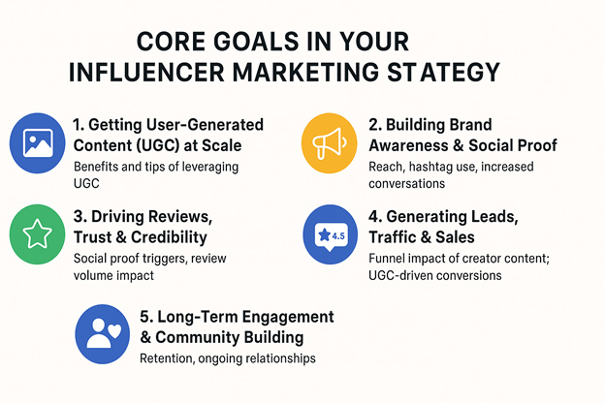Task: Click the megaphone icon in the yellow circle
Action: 329,142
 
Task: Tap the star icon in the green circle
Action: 38,234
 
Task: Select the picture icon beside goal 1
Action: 38,143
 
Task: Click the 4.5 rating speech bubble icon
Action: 331,236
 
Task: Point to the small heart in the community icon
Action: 114,331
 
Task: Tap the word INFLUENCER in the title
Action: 146,72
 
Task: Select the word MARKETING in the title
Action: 306,72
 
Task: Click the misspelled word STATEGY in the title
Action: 443,72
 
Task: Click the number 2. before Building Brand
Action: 375,125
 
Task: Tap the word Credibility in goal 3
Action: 169,237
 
